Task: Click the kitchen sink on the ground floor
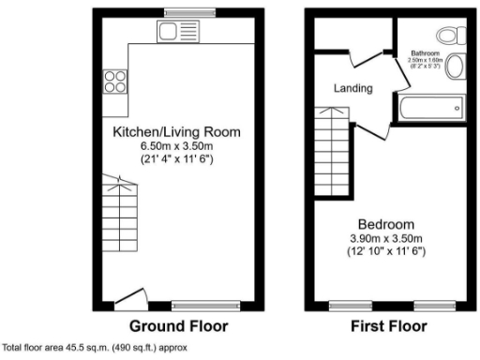(173, 32)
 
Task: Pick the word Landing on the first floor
(354, 89)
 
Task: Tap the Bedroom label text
(385, 225)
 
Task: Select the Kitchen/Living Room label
(177, 132)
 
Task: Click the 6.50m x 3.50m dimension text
(177, 146)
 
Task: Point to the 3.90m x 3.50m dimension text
(385, 239)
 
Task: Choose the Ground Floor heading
(178, 327)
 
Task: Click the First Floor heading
(388, 327)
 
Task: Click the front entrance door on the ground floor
(131, 302)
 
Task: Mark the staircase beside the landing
(332, 149)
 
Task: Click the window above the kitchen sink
(174, 12)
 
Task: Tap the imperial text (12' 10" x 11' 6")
(385, 253)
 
